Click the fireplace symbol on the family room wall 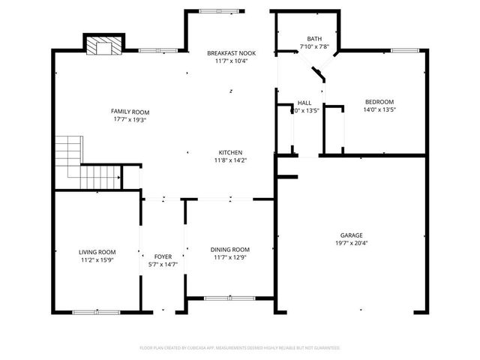click(102, 47)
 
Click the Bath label click(314, 38)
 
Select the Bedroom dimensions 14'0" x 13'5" click(379, 109)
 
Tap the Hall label click(304, 103)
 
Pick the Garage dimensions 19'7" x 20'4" click(351, 243)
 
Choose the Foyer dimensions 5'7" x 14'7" click(163, 264)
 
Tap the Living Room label click(97, 252)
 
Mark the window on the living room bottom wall click(96, 311)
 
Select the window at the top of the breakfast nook click(222, 10)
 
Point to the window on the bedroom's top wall click(404, 50)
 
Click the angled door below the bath click(319, 73)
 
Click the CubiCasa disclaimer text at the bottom click(240, 348)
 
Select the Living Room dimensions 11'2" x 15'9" click(97, 260)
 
